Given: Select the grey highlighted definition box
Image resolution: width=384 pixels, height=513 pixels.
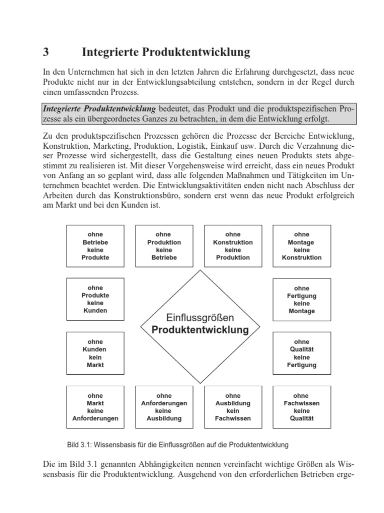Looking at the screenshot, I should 198,114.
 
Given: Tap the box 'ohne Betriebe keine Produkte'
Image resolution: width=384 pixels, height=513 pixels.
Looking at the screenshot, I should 95,246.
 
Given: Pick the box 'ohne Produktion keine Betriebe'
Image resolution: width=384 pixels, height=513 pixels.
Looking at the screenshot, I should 164,246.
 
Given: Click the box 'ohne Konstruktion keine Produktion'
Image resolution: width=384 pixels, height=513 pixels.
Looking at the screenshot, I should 232,246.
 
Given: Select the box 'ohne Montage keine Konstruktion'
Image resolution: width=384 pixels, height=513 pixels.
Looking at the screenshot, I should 301,246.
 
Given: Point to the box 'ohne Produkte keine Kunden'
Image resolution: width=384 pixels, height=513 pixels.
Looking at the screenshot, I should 95,299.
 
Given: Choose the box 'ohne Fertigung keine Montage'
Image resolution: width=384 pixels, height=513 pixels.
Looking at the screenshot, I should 301,300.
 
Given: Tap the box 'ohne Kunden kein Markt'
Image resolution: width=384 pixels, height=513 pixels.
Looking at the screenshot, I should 95,353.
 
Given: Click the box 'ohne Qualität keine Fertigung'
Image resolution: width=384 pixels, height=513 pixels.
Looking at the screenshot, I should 301,353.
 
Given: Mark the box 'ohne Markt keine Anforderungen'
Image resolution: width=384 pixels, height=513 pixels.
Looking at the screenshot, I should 95,407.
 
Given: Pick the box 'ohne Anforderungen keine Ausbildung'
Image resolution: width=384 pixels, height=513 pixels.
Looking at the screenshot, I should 164,407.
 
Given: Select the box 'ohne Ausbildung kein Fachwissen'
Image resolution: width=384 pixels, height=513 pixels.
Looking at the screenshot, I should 232,407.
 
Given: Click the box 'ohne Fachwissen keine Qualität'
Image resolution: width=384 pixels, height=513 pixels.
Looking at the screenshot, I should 301,407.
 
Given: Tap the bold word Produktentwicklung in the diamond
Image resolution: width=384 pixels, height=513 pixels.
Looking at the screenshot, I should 200,330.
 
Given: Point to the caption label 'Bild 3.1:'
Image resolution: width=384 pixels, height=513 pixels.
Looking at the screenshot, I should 78,444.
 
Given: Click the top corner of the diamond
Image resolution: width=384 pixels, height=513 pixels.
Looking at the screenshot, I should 200,271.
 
